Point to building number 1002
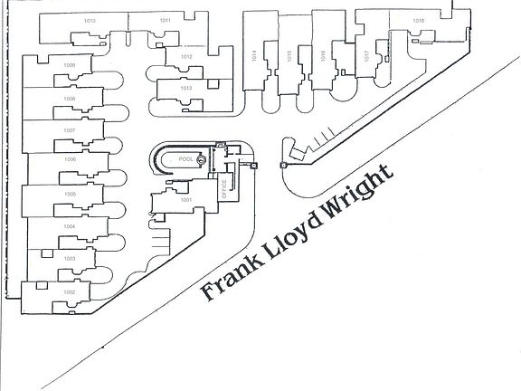(x=69, y=292)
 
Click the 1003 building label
(x=69, y=259)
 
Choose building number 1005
(x=69, y=194)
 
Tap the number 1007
(x=69, y=130)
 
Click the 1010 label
(x=89, y=20)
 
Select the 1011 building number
(x=165, y=20)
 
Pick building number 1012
(x=186, y=57)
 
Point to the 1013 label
(x=186, y=88)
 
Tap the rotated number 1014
(x=254, y=56)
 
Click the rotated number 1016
(x=322, y=56)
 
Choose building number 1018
(x=418, y=20)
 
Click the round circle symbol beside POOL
(x=202, y=161)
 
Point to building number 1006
(x=69, y=159)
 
